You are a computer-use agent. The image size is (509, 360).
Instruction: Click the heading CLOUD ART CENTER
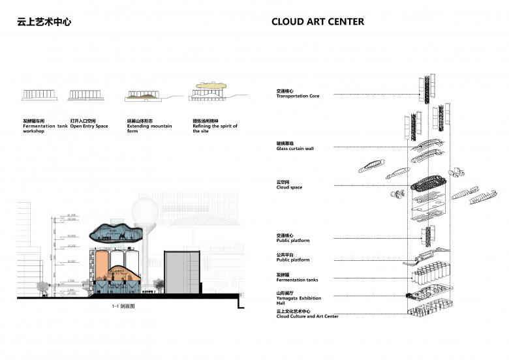pyautogui.click(x=317, y=22)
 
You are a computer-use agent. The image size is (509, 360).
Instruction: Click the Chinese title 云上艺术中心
pyautogui.click(x=44, y=22)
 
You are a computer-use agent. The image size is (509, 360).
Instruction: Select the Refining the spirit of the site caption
pyautogui.click(x=215, y=128)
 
